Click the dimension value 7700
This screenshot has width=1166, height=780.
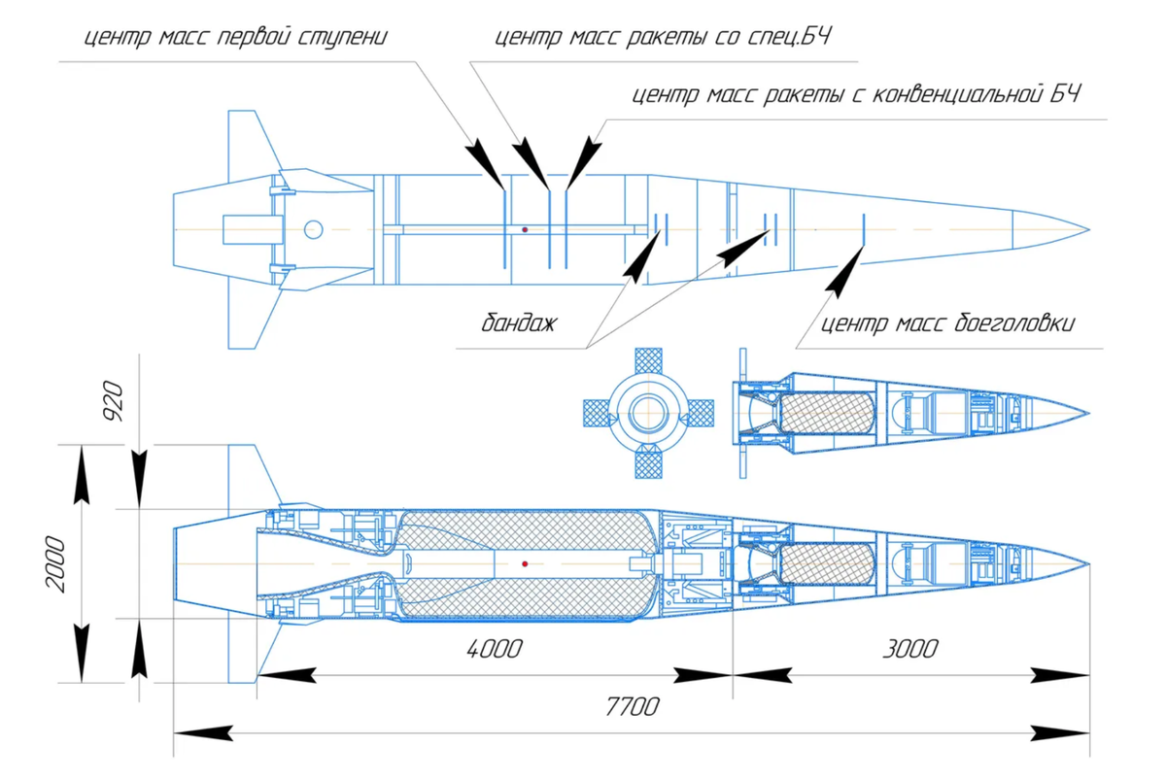(x=632, y=707)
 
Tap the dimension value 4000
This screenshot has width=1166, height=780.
(x=494, y=650)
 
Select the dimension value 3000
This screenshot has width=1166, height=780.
(x=910, y=650)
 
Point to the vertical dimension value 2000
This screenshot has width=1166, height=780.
(x=55, y=564)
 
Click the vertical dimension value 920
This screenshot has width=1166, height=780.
(x=113, y=401)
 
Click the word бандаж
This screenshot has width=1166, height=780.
(x=519, y=323)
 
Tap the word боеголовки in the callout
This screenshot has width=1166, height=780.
(x=1014, y=323)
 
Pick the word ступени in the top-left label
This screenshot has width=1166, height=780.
(x=342, y=38)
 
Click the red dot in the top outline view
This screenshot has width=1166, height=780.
(x=525, y=229)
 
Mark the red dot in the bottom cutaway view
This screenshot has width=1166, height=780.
(x=525, y=563)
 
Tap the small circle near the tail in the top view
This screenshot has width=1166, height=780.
(x=313, y=229)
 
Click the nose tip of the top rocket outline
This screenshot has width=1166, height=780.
(x=1089, y=229)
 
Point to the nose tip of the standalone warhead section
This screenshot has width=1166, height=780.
(x=1089, y=414)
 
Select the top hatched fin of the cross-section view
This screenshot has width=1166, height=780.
(x=649, y=360)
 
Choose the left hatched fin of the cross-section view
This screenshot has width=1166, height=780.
(x=597, y=413)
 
